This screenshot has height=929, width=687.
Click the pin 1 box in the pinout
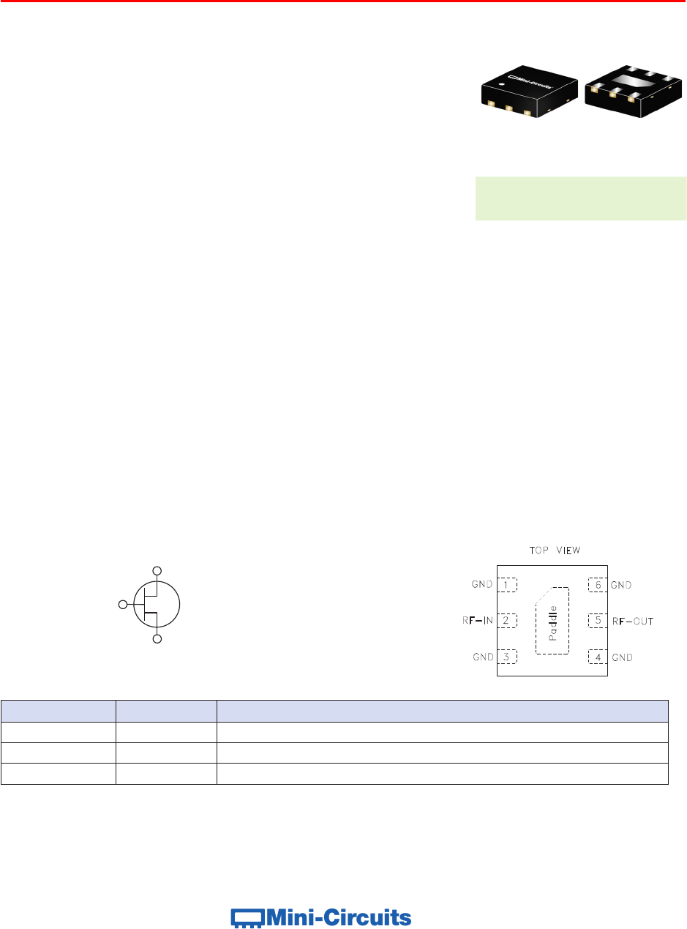[506, 585]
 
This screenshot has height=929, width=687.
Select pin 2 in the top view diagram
[506, 620]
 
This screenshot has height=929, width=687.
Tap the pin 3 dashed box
[506, 657]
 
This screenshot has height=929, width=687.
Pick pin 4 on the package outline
[598, 657]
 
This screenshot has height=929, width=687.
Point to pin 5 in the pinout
[598, 620]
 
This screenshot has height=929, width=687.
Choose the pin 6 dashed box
[598, 585]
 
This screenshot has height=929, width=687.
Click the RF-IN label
[478, 620]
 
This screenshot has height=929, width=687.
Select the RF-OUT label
[633, 621]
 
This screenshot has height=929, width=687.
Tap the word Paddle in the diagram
[552, 623]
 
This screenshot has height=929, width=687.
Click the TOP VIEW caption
[555, 551]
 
